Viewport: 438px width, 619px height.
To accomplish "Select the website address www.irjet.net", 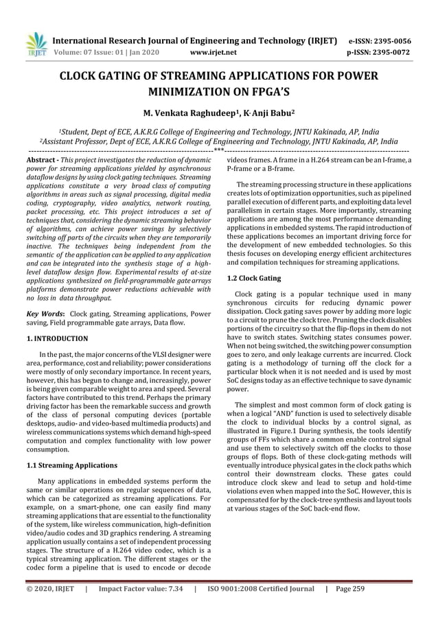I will pyautogui.click(x=212, y=51).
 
